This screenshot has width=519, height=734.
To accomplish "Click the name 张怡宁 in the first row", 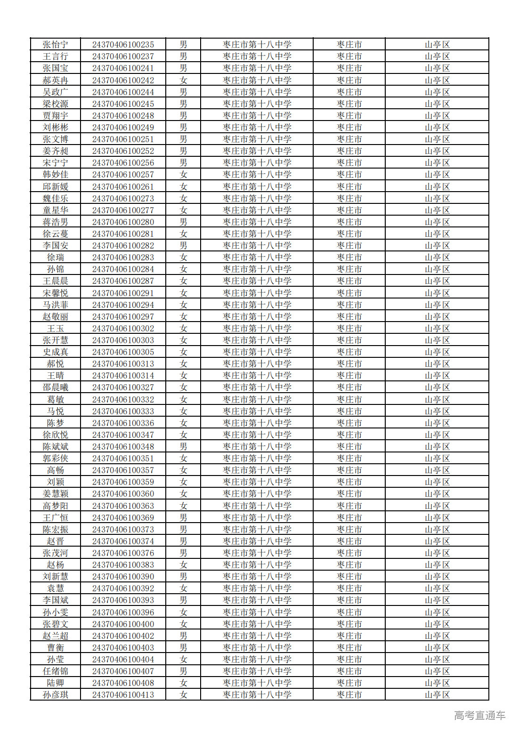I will click(56, 45).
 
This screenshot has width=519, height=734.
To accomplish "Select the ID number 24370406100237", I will click(123, 56).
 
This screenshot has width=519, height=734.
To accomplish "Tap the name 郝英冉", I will click(56, 81).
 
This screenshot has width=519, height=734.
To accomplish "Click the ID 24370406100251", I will click(123, 139).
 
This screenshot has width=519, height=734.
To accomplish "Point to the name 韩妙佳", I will click(56, 175).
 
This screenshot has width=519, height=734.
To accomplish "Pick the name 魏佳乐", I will click(56, 199).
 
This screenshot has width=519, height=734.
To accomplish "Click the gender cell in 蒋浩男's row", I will click(183, 222).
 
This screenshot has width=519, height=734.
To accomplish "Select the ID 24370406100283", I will click(123, 258).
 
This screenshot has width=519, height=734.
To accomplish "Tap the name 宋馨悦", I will click(56, 293).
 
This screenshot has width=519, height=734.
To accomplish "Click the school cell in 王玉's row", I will click(257, 329).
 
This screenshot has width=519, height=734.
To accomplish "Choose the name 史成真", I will click(56, 352).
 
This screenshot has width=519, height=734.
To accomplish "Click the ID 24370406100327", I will click(123, 387).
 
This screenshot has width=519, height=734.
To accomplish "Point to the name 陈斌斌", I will click(56, 447).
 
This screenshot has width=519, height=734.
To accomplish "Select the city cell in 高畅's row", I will click(349, 470).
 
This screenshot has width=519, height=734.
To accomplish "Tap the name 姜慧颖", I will click(56, 494).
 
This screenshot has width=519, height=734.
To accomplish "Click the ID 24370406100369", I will click(123, 518).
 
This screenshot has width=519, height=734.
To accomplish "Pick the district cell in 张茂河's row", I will click(437, 553).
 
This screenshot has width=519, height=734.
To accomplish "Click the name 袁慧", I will click(56, 589).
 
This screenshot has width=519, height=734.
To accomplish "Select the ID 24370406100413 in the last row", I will click(123, 695).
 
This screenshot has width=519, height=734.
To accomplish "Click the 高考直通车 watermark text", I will click(479, 716).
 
